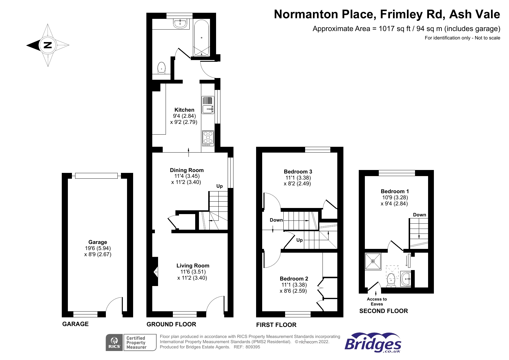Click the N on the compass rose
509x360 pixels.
pyautogui.click(x=48, y=45)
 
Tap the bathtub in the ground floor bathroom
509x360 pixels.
pyautogui.click(x=201, y=38)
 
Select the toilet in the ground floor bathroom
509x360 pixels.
pyautogui.click(x=161, y=68)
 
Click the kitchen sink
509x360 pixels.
pyautogui.click(x=208, y=105)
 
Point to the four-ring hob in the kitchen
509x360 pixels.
pyautogui.click(x=208, y=138)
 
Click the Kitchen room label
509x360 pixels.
pyautogui.click(x=184, y=110)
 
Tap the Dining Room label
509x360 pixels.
pyautogui.click(x=187, y=170)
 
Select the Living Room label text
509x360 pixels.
pyautogui.click(x=193, y=266)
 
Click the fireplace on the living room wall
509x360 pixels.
pyautogui.click(x=155, y=272)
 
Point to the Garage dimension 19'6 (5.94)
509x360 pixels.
pyautogui.click(x=98, y=248)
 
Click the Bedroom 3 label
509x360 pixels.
pyautogui.click(x=298, y=172)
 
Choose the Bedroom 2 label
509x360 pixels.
pyautogui.click(x=294, y=279)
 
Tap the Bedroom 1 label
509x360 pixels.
pyautogui.click(x=395, y=191)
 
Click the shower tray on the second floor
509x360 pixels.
pyautogui.click(x=373, y=261)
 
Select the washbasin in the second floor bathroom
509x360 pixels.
pyautogui.click(x=406, y=279)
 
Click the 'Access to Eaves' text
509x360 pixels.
pyautogui.click(x=377, y=302)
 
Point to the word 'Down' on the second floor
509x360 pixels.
pyautogui.click(x=420, y=215)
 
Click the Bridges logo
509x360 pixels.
pyautogui.click(x=373, y=343)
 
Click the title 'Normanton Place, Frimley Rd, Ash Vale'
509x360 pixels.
pyautogui.click(x=387, y=14)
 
